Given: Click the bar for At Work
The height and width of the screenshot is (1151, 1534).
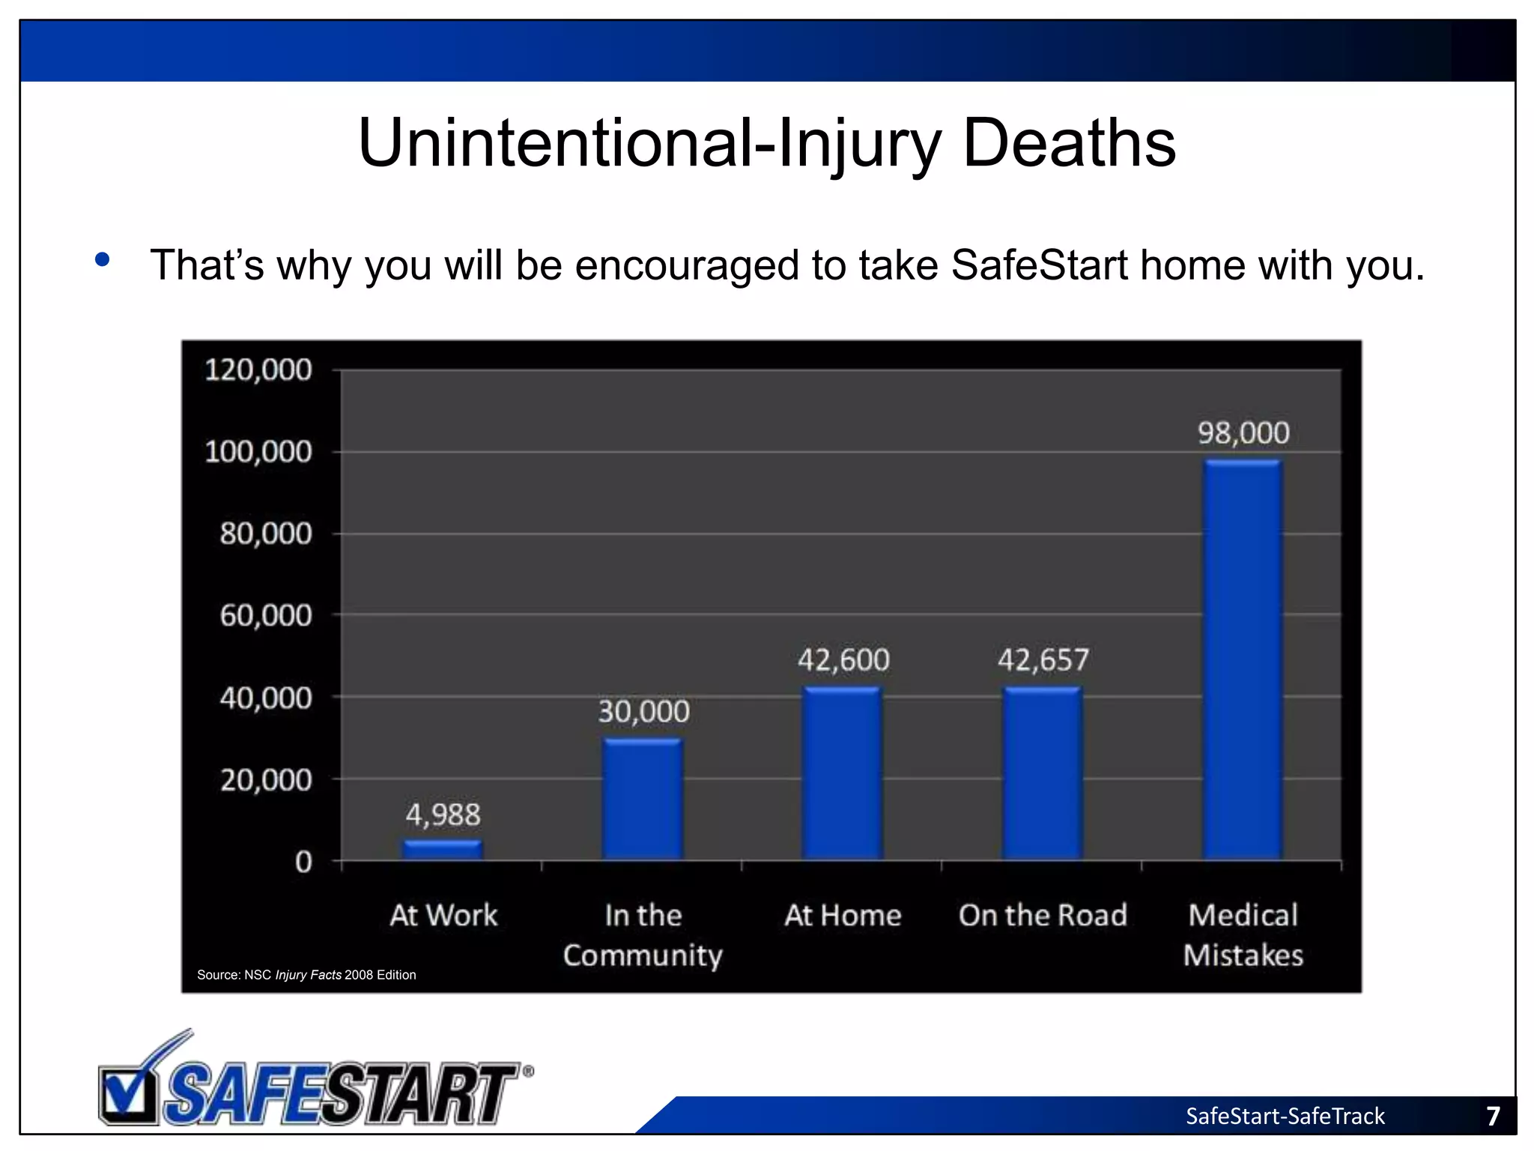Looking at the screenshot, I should point(443,850).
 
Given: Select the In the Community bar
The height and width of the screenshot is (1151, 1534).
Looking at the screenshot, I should point(643,800).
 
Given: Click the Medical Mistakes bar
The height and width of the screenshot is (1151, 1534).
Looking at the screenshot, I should point(1243,659).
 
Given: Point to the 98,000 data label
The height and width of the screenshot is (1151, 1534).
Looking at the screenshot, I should point(1243,433).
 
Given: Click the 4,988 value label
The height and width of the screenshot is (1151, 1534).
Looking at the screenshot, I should point(443,815).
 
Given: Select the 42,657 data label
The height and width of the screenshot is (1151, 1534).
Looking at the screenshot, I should point(1043,660).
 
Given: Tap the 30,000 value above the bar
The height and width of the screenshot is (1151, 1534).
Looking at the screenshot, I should point(643,711).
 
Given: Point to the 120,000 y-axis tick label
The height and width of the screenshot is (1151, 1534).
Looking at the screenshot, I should point(258,370).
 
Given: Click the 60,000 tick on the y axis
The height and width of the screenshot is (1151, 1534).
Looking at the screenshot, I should point(265,615).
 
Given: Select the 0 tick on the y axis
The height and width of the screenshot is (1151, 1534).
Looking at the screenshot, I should point(303,862).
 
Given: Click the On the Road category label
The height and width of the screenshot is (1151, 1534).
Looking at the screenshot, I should point(1043,915).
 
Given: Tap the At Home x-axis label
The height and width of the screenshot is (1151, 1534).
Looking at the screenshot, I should point(843,915).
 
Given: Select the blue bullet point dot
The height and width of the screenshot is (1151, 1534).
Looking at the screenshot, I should point(103,260).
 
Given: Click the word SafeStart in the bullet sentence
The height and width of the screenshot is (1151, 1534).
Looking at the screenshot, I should point(1039,265).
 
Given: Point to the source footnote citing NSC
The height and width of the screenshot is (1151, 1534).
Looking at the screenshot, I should point(306,975).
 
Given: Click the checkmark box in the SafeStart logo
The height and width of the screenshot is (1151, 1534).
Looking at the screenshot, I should point(127,1096).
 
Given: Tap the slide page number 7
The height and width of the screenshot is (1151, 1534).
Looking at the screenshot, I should point(1493,1116).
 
